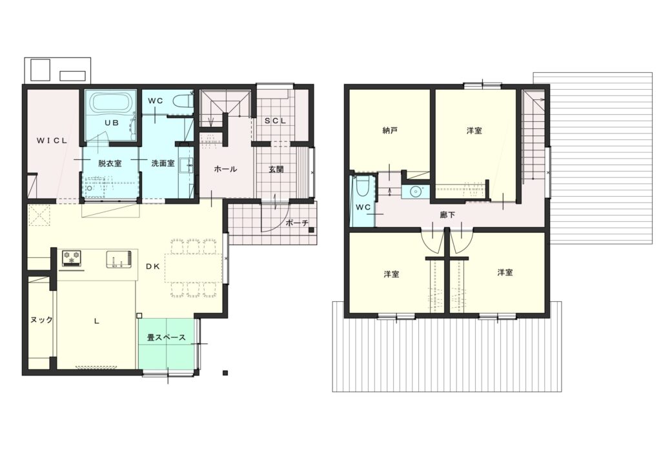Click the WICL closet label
pyautogui.click(x=52, y=141)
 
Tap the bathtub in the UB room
pyautogui.click(x=112, y=103)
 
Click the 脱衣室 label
pyautogui.click(x=110, y=163)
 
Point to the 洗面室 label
pyautogui.click(x=163, y=163)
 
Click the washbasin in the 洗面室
pyautogui.click(x=186, y=165)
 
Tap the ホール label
pyautogui.click(x=225, y=169)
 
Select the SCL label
pyautogui.click(x=275, y=121)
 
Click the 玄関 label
pyautogui.click(x=276, y=170)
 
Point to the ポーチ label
pyautogui.click(x=297, y=223)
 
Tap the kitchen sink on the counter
pyautogui.click(x=119, y=259)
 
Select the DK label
pyautogui.click(x=152, y=266)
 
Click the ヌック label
pyautogui.click(x=42, y=320)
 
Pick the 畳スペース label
pyautogui.click(x=166, y=338)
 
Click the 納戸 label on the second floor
pyautogui.click(x=390, y=130)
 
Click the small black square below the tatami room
pyautogui.click(x=225, y=373)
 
